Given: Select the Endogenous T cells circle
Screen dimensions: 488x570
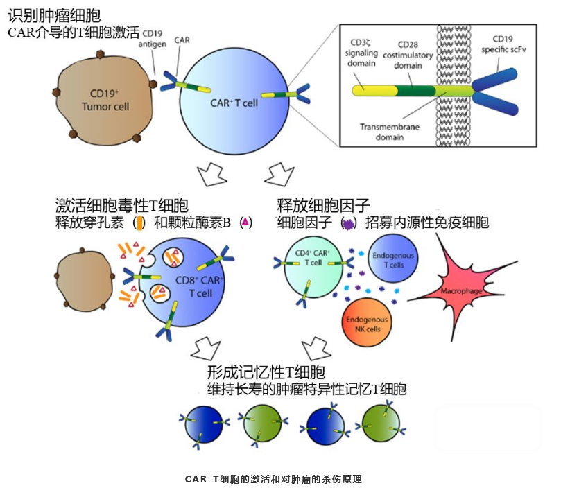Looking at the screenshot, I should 393,259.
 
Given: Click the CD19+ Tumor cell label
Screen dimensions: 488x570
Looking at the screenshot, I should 105,101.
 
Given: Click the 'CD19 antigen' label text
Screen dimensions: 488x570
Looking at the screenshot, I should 152,39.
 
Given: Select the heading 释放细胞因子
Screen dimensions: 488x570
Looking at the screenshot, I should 324,205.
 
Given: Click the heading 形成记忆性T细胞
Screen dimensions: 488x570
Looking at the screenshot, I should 266,372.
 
